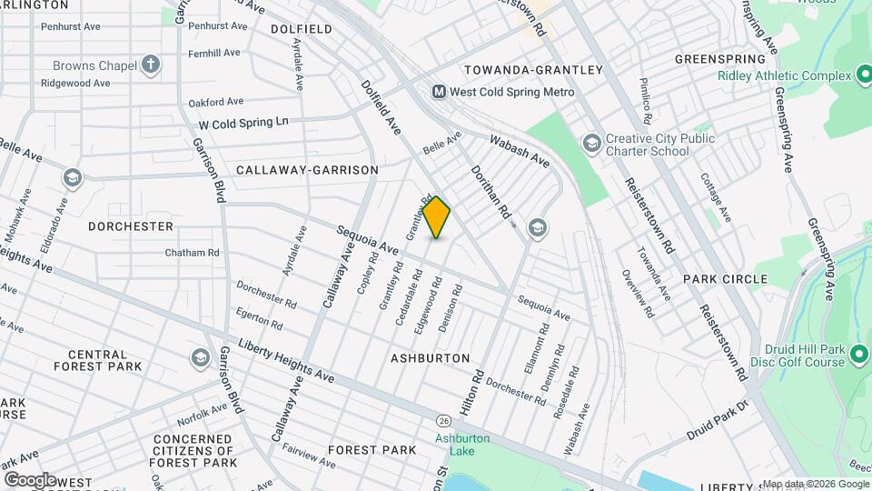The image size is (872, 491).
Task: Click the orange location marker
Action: pos(437,217)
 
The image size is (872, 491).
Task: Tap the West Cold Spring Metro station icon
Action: pos(440,92)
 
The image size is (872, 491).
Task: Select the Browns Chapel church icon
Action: pos(151,65)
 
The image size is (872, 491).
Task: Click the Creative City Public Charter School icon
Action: pos(592,143)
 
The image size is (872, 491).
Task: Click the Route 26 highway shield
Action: pos(443,421)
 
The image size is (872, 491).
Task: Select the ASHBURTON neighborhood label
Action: pos(430,358)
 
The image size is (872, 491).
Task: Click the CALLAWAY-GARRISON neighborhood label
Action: pos(306,170)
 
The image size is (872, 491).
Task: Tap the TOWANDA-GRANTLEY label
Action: pos(533,70)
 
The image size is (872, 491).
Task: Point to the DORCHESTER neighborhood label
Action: pos(131,225)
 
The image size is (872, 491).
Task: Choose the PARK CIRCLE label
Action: pos(725,279)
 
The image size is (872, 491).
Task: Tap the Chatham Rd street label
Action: pos(193,252)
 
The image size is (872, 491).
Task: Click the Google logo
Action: pos(31,479)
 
